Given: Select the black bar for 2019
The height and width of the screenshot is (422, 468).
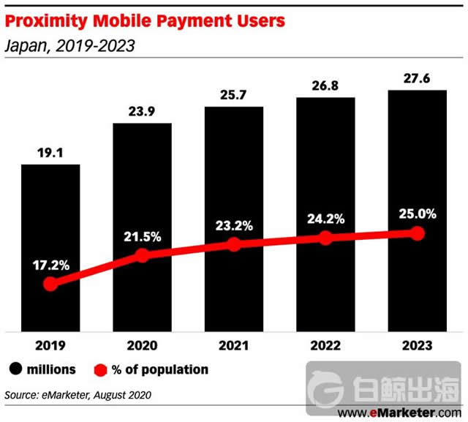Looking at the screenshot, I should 50,219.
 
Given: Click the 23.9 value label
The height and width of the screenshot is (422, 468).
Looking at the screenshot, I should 142,113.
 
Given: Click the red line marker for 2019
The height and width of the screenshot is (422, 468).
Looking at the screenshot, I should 50,284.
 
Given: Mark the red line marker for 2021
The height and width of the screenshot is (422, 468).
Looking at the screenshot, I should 234,244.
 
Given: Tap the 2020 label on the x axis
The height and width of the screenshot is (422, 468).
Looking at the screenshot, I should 142,344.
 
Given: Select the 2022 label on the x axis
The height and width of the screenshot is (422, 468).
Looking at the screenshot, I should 325,344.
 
